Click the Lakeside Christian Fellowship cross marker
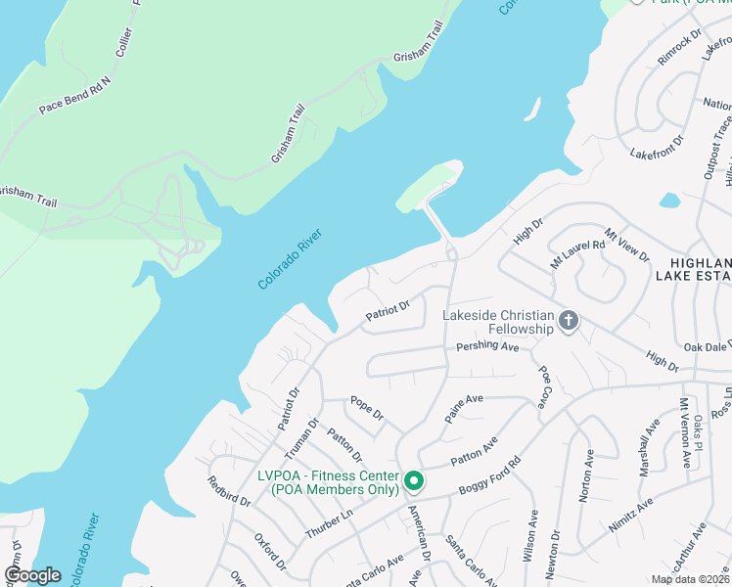tap(569, 320)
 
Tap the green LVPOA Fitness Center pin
tap(414, 481)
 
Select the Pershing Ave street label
tap(486, 347)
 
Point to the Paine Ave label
tap(464, 406)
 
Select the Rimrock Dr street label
tap(680, 46)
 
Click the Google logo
tap(32, 575)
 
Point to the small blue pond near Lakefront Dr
tap(669, 201)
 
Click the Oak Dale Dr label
tap(707, 346)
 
